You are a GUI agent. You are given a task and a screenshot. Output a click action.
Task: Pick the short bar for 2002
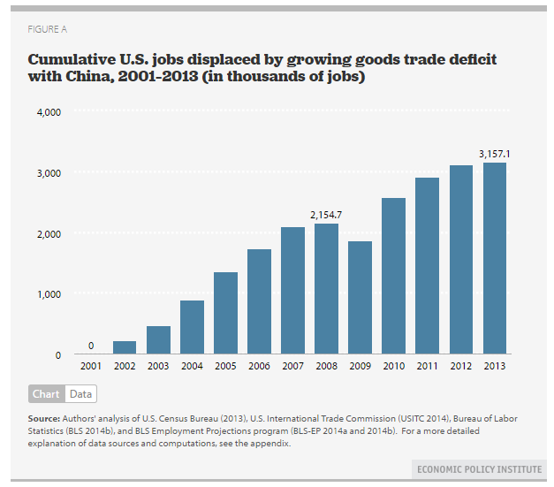pos(125,347)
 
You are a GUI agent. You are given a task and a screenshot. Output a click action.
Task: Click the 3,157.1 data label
pos(495,154)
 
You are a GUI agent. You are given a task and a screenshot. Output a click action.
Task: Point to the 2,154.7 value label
pos(326,215)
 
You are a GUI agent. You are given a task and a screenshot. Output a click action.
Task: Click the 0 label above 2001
pos(91,345)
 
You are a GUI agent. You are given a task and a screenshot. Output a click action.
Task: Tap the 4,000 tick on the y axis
pos(48,112)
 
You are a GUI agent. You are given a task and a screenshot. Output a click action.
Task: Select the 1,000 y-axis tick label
pos(48,294)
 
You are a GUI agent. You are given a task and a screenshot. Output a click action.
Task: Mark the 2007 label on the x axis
pos(292,365)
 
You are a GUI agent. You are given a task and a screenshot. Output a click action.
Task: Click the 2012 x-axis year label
pos(461,365)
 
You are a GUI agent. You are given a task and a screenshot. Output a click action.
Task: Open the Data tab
pos(80,394)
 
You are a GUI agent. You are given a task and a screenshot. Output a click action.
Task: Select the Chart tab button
pos(46,394)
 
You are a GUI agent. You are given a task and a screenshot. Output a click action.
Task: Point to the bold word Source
pos(43,416)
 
